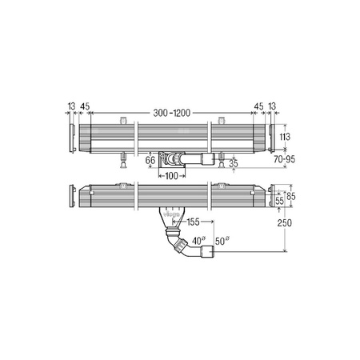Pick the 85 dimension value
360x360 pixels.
(x=294, y=194)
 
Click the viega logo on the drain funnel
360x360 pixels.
(x=170, y=214)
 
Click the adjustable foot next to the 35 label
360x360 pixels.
(x=218, y=162)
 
